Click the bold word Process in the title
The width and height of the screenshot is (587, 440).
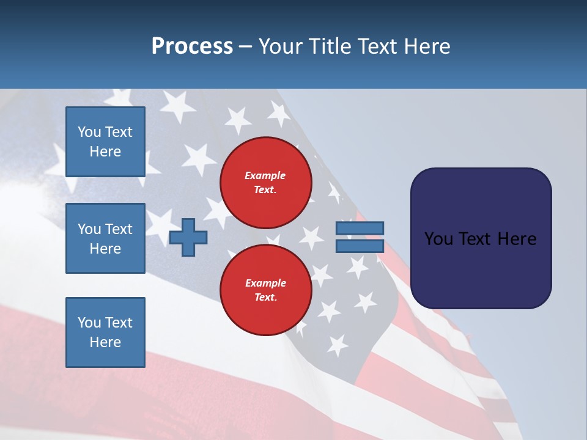(192, 46)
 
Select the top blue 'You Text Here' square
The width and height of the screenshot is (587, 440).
(105, 142)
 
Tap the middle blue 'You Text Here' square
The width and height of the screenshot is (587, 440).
(105, 238)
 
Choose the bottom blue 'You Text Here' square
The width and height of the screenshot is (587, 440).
(105, 332)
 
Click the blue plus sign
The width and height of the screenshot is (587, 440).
(188, 237)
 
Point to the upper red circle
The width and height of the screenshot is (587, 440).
(266, 183)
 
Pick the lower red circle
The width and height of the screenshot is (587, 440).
(266, 290)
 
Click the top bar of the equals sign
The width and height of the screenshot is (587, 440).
(360, 228)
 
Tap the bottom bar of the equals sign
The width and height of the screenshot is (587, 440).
(360, 246)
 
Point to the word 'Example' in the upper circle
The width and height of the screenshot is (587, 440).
(265, 175)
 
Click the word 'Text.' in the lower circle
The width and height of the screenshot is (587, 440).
(265, 298)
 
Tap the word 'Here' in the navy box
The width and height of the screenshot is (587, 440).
(517, 239)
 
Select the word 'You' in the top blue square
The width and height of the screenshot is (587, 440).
(89, 132)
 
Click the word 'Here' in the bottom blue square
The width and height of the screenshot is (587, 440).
(105, 342)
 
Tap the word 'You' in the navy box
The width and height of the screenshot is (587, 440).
(438, 239)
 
